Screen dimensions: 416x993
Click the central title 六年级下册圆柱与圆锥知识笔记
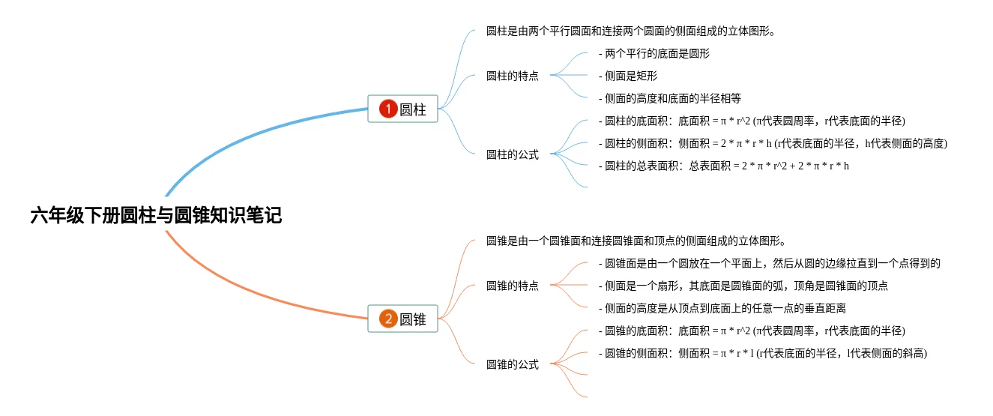[156, 217]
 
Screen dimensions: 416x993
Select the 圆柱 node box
[402, 109]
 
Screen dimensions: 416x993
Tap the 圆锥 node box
[402, 319]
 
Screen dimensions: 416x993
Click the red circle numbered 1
[387, 109]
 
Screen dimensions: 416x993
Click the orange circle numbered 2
[387, 319]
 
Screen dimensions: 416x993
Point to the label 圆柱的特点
[512, 76]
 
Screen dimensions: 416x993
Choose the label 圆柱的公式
[512, 155]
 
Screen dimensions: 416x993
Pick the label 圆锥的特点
[512, 286]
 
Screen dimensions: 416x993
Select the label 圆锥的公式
[512, 365]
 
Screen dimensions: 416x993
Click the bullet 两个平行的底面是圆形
[654, 53]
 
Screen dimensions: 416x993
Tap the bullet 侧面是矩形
[628, 76]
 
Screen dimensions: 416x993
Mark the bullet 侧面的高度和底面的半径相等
[670, 98]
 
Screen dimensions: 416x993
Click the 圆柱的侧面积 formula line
[773, 143]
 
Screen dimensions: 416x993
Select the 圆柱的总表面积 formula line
[724, 166]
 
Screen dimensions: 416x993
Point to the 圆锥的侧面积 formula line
[763, 353]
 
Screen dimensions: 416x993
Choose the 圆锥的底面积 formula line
[752, 331]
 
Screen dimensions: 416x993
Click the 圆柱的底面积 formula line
[752, 121]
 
